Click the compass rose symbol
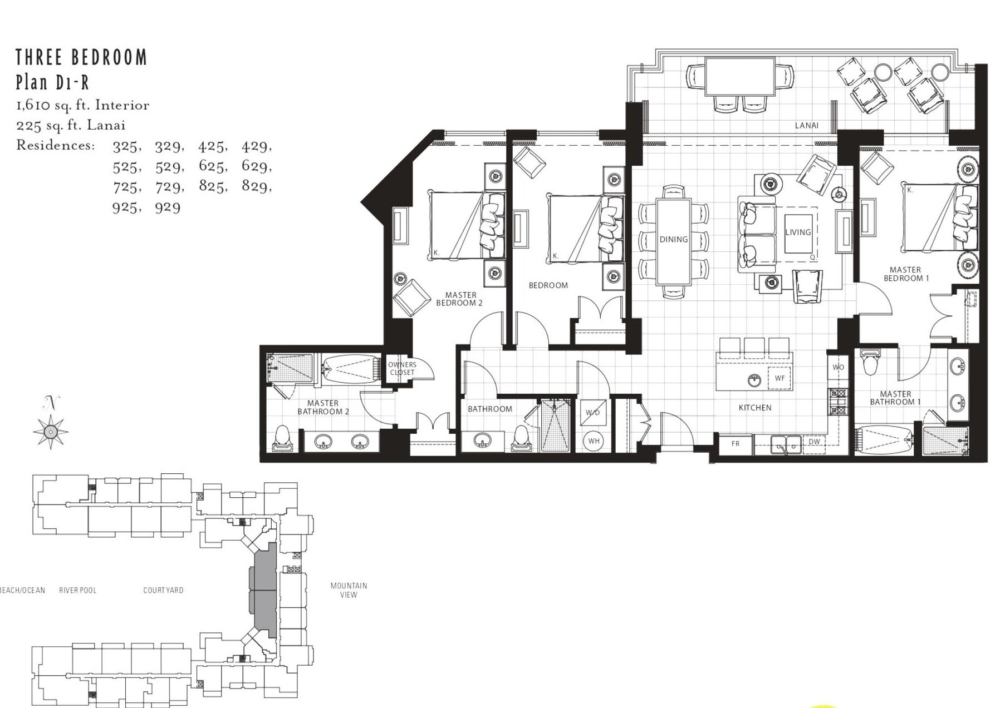point(51,431)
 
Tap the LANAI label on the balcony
point(806,126)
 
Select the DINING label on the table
point(674,240)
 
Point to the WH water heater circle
point(594,441)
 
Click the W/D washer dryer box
point(593,413)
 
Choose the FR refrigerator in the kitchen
point(736,444)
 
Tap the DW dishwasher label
point(814,442)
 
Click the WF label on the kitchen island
point(780,378)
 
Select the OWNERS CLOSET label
point(402,369)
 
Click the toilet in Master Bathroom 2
point(283,438)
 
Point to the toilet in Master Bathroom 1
point(869,362)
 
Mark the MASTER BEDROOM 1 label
point(906,274)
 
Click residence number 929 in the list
point(168,207)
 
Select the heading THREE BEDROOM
point(81,57)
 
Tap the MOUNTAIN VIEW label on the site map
point(349,590)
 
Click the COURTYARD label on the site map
point(163,591)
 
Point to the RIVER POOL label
point(78,591)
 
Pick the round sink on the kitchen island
point(754,380)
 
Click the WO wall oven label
point(838,367)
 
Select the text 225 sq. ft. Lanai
point(71,126)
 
